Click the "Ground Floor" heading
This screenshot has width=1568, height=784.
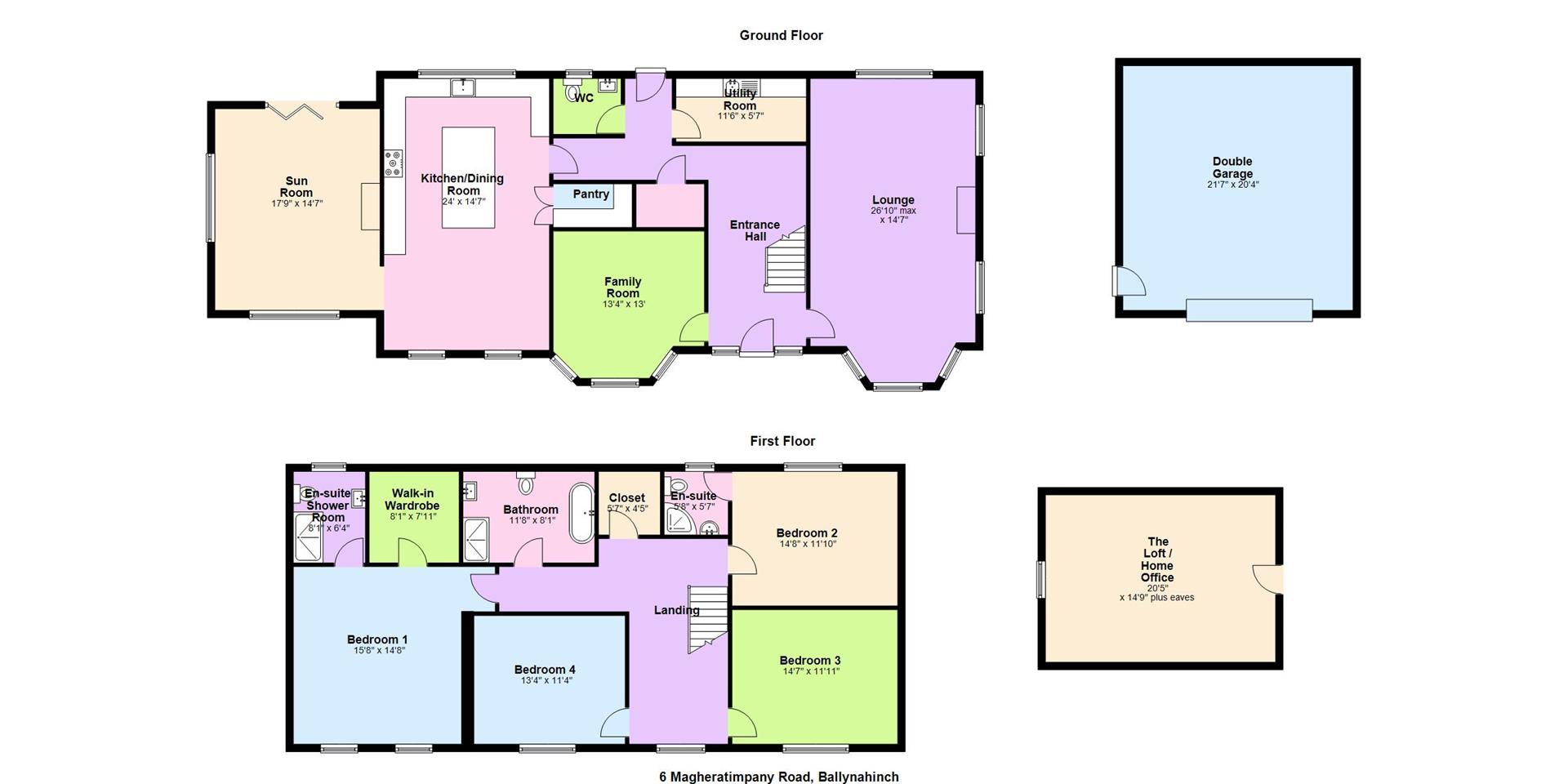[x=781, y=35]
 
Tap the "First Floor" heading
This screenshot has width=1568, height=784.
[x=782, y=441]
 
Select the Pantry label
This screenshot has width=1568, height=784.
[x=590, y=194]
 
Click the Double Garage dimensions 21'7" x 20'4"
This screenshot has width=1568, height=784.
[x=1232, y=185]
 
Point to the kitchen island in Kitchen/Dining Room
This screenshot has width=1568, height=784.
[x=468, y=177]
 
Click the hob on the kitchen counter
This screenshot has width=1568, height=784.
[x=394, y=163]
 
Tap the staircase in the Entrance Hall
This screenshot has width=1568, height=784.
[x=785, y=259]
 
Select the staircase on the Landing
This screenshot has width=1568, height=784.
[x=707, y=618]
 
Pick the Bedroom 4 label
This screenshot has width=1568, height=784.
[x=545, y=670]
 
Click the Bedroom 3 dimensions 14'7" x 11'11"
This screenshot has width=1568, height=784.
[x=810, y=671]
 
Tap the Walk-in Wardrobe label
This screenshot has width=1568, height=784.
[x=412, y=499]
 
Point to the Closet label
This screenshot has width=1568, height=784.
[x=627, y=497]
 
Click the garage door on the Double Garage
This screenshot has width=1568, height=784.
[x=1249, y=310]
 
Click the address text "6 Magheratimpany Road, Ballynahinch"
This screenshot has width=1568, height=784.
[x=778, y=777]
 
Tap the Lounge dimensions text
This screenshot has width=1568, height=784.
[x=893, y=215]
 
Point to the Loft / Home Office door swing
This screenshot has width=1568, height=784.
[x=1267, y=578]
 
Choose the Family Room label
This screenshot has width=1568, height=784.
[x=622, y=287]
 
